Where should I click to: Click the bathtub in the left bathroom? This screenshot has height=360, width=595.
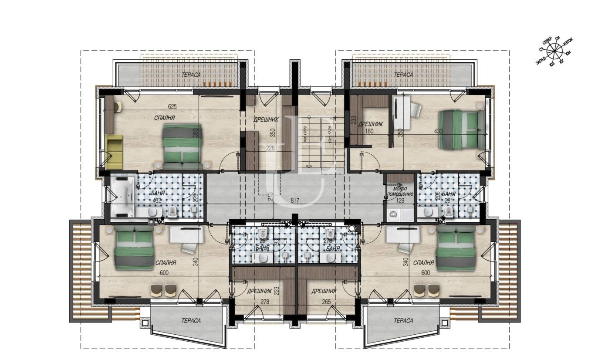point(123,196)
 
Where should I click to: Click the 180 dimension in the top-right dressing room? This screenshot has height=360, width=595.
point(369,131)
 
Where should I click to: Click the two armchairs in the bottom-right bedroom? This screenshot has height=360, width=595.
point(426,290)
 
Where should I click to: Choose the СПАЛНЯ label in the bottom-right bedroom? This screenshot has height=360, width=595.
point(423,263)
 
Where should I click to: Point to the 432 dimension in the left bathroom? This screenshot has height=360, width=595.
point(157,201)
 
